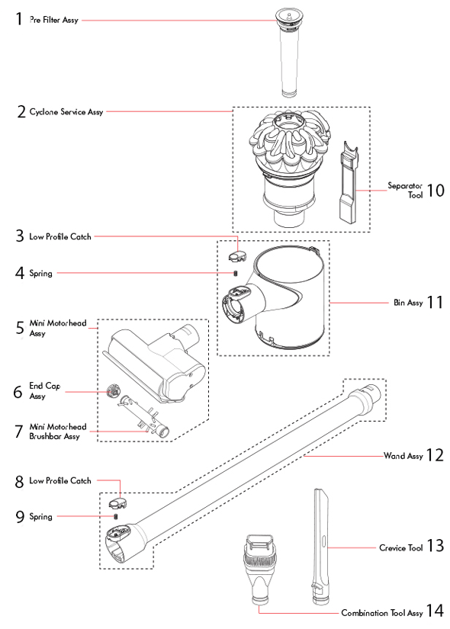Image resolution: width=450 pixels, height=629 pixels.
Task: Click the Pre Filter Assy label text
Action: click(x=53, y=21)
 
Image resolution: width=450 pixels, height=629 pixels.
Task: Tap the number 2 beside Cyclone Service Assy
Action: click(x=21, y=112)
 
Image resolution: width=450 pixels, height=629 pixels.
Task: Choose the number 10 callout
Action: click(x=435, y=189)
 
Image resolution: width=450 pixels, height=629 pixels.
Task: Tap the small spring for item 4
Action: click(x=236, y=273)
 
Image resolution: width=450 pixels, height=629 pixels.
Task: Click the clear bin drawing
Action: click(x=282, y=297)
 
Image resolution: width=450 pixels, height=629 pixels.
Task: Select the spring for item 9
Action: click(x=116, y=516)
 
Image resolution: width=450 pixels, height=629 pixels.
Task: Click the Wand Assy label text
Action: click(x=403, y=456)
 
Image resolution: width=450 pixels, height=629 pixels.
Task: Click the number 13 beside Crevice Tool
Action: click(x=435, y=547)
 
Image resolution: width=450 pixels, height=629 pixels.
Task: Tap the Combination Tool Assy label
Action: click(x=381, y=612)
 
